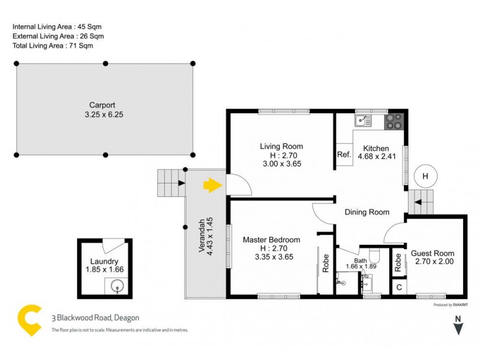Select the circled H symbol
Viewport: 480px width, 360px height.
coord(425,176)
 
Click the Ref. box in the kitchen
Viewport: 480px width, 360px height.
coord(344,155)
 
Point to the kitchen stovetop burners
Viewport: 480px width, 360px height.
coord(394,122)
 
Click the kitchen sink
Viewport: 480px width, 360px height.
coord(363,121)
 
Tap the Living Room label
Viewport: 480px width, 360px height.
coord(281,146)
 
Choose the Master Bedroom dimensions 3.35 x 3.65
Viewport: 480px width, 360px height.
coord(271,257)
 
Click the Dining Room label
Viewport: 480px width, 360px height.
coord(367,212)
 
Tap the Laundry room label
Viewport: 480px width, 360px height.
coord(104,261)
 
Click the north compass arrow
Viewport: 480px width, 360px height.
coord(458,328)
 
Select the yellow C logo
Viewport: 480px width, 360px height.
coord(29,320)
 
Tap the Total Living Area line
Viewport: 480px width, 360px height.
coord(53,46)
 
